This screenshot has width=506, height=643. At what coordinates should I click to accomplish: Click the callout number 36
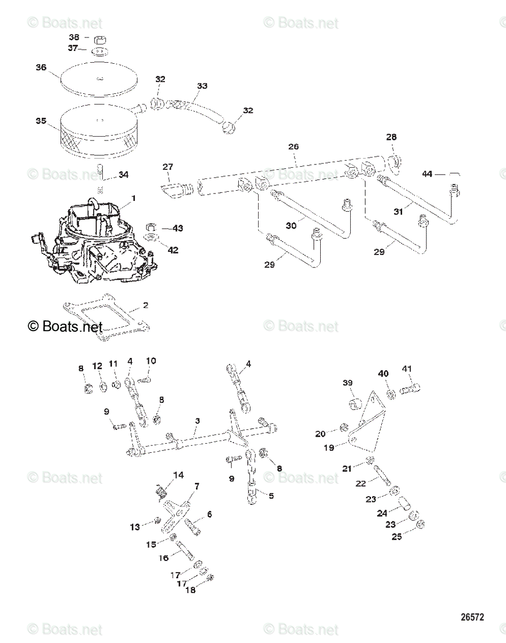coord(41,67)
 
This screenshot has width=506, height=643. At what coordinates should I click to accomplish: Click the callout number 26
coord(293,146)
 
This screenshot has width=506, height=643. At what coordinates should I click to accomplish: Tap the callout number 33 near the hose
coord(202,86)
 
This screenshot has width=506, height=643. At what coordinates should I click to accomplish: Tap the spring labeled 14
coord(160,490)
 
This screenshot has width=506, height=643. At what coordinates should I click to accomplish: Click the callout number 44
coord(427,174)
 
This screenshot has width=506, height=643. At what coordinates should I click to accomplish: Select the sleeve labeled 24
coord(404,504)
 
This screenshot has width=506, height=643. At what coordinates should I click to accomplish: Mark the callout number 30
coord(291,226)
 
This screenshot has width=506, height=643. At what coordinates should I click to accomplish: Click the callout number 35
coord(41,121)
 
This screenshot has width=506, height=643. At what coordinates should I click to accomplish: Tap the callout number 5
coord(271,496)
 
